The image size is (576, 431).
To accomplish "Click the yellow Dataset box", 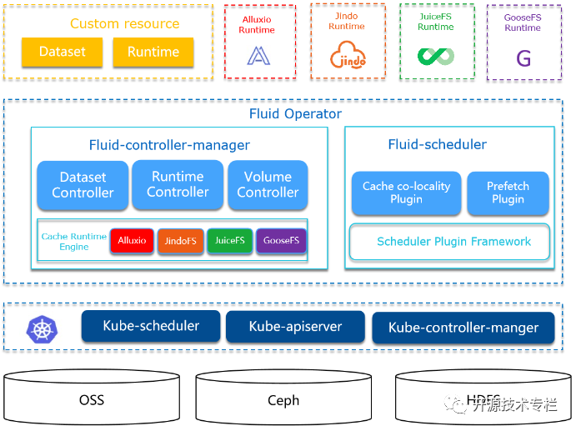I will pyautogui.click(x=63, y=52).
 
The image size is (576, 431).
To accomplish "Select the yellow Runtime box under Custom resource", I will pyautogui.click(x=153, y=52).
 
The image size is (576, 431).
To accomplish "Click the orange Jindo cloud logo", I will pyautogui.click(x=347, y=56).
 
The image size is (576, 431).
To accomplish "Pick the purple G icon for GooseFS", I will pyautogui.click(x=523, y=58).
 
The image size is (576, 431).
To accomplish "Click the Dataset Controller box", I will pyautogui.click(x=83, y=185).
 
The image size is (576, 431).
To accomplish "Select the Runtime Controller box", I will pyautogui.click(x=178, y=184).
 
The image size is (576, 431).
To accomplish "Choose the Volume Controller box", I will pyautogui.click(x=268, y=184).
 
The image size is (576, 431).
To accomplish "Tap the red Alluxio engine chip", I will pyautogui.click(x=132, y=241).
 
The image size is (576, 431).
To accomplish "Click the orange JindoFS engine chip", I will pyautogui.click(x=180, y=242).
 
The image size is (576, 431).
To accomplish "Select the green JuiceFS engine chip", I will pyautogui.click(x=229, y=241).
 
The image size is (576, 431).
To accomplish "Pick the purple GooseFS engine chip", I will pyautogui.click(x=281, y=241).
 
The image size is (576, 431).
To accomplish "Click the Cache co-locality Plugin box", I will pyautogui.click(x=406, y=193).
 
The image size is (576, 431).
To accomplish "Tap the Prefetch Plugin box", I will pyautogui.click(x=508, y=193).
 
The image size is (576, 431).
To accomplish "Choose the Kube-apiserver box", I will pyautogui.click(x=295, y=327).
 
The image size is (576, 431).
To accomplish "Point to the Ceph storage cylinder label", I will pyautogui.click(x=283, y=401).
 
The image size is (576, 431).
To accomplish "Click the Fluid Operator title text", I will pyautogui.click(x=295, y=113).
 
